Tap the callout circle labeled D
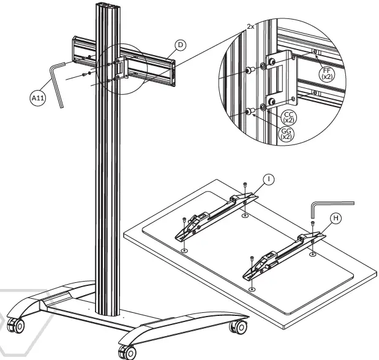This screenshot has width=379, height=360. pos(180,45)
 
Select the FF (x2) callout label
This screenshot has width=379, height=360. pos(326,75)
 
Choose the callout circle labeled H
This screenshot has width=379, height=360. pos(336,218)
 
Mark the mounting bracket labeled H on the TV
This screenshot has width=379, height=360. pos(281,254)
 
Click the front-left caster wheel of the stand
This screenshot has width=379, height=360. pos(18,326)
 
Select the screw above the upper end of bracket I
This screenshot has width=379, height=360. pos(245,184)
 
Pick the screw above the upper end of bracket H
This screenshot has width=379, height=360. pos(313,224)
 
